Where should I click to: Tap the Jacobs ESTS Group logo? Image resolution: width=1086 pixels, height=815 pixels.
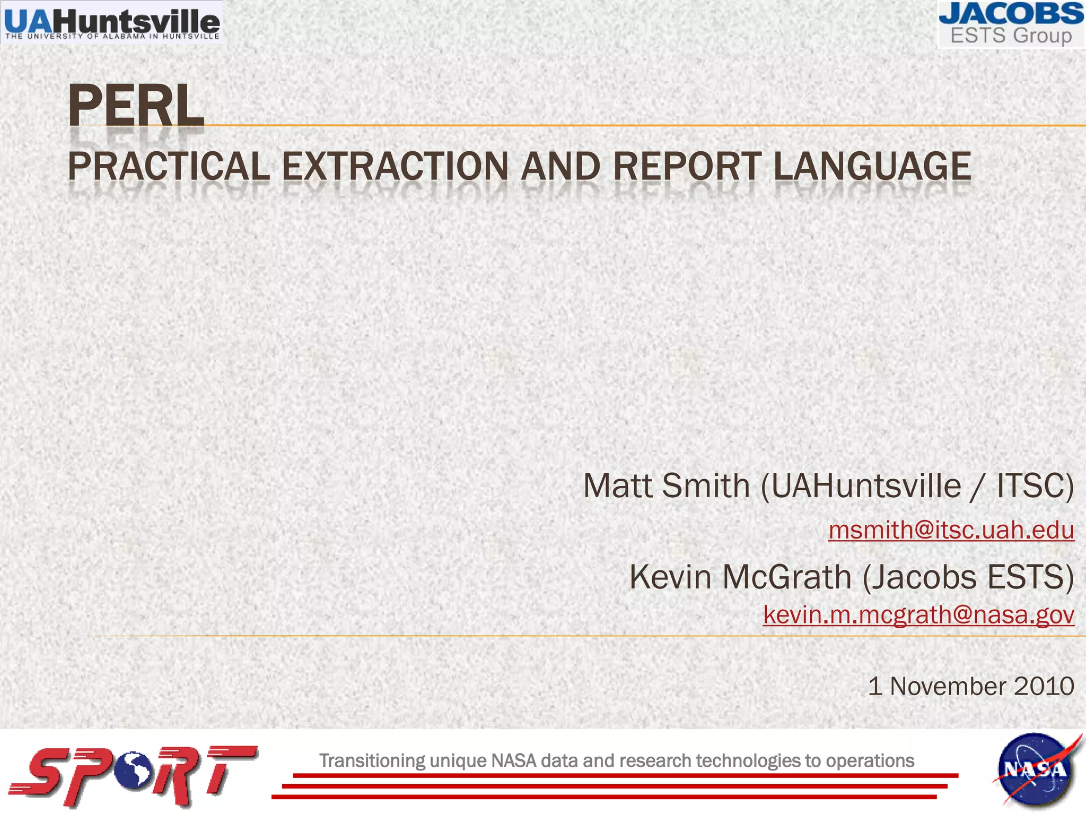point(1011,24)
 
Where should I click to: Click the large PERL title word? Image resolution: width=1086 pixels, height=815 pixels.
point(136,106)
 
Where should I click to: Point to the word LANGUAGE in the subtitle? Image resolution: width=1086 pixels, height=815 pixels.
point(872,167)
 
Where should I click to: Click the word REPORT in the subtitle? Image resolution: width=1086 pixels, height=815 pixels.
point(687,167)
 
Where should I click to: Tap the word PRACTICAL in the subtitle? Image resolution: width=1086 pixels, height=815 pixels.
point(169,167)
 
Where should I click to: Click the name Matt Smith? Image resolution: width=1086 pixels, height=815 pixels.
point(666,485)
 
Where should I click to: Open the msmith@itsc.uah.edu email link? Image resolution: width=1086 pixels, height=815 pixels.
point(951,530)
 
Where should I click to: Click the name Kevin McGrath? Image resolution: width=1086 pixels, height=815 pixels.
point(740,577)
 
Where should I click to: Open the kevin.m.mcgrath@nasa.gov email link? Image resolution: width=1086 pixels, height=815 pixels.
point(918,614)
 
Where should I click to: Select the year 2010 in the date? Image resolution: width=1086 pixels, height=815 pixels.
point(1044,686)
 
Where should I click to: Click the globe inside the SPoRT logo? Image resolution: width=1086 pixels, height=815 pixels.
point(136,769)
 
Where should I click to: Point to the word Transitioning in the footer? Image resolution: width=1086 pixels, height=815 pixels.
point(372,761)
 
